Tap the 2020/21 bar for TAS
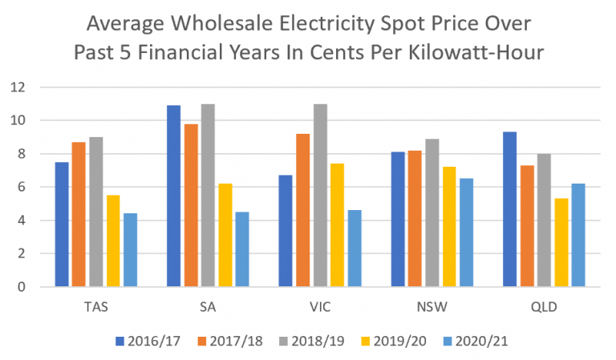click(131, 249)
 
